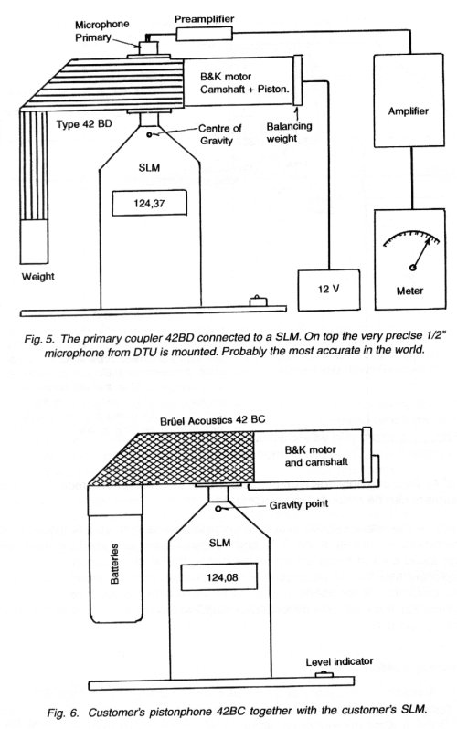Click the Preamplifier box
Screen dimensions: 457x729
pos(204,34)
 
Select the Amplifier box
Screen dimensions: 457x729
pos(409,100)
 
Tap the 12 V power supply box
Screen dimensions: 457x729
pos(329,290)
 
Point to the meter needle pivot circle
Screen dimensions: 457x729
pos(412,268)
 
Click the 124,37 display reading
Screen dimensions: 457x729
pos(149,203)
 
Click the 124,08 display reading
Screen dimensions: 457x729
pos(219,577)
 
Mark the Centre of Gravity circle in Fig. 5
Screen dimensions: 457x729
pos(149,135)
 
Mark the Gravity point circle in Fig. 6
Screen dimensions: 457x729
pos(218,509)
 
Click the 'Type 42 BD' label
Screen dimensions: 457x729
pos(84,124)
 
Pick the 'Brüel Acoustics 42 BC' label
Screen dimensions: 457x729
pos(213,420)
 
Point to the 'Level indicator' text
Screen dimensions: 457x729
pos(339,661)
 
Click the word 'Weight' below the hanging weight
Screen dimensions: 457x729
pos(38,277)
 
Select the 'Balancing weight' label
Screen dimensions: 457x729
pos(289,132)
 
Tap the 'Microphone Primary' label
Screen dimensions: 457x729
pos(102,31)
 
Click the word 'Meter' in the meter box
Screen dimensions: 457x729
pos(409,291)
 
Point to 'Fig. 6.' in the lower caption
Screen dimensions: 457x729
pos(63,713)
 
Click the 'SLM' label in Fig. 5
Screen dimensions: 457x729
pos(149,167)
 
